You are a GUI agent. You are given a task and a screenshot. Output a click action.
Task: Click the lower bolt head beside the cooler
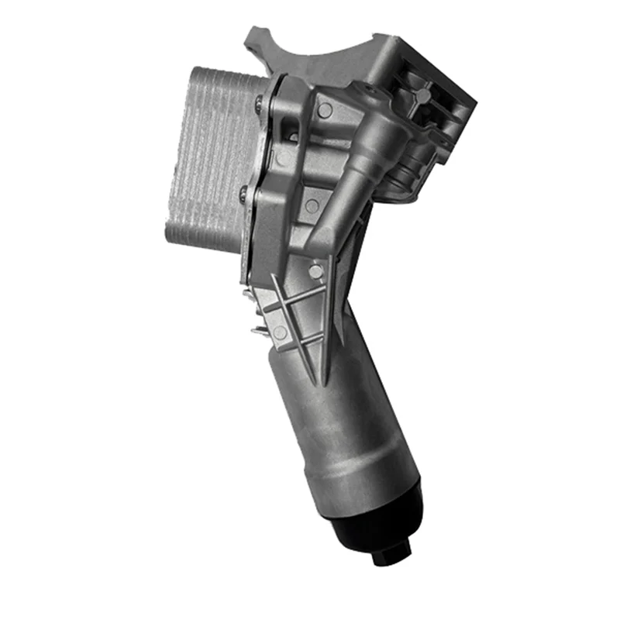pyautogui.click(x=245, y=195)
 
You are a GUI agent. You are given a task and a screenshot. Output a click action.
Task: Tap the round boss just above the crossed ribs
pyautogui.click(x=315, y=270)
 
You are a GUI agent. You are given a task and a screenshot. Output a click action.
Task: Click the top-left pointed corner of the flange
pyautogui.click(x=251, y=31)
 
